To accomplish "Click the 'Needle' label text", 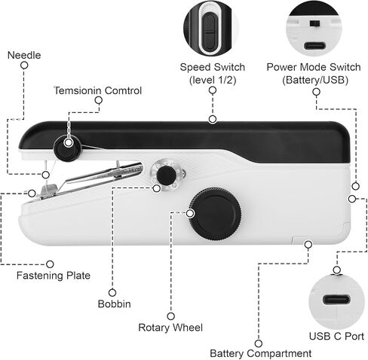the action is pos(24,55).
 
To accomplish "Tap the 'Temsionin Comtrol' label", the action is pos(98,90).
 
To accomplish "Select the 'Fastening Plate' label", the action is pos(54,276).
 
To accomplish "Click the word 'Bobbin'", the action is pos(115,304).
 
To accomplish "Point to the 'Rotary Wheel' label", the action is pos(170,328).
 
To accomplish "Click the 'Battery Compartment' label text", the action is pos(261,353).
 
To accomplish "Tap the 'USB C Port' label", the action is pos(336,336).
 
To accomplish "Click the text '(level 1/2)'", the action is pos(213,80).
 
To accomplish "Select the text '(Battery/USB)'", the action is pos(315,80).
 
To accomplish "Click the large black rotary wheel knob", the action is pos(216,214).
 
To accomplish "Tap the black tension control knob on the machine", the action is pos(68,148).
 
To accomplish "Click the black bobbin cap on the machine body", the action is pos(166,175).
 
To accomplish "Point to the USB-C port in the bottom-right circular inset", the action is pos(336,300).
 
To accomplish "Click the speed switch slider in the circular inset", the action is pos(209,32).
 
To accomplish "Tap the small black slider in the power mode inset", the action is pos(314,23).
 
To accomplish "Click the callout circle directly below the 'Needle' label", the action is pos(24,66).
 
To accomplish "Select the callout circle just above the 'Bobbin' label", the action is pos(112,292).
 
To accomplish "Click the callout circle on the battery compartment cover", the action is pos(308,244).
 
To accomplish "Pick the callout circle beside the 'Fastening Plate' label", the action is pos(50,264).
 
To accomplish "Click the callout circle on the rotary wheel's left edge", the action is pos(191,213).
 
